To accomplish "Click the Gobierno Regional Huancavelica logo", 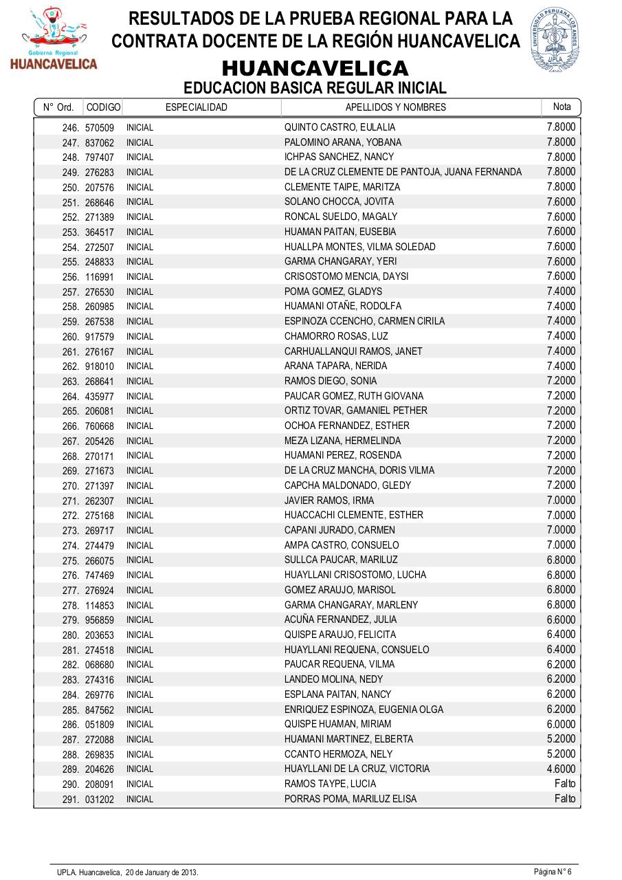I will click(53, 39).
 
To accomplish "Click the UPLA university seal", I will click(555, 41).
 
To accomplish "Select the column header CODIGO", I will click(104, 107).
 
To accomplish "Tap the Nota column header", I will click(562, 107).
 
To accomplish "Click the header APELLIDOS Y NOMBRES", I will click(395, 107).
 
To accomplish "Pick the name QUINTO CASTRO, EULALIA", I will click(340, 127).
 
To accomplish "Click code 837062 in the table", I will click(100, 143).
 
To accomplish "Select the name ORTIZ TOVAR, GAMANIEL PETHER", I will click(355, 410).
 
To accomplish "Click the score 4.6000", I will click(561, 769).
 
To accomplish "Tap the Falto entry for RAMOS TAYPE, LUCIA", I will click(565, 784).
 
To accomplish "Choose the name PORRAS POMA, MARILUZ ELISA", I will click(350, 799).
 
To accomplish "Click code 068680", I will click(100, 665).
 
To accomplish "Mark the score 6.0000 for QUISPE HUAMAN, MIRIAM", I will click(561, 724).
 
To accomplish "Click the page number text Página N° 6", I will click(553, 872).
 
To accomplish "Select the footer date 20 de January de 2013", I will click(162, 872).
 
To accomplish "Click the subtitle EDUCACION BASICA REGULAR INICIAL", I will click(315, 88).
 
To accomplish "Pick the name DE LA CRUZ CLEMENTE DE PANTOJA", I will click(403, 172).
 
